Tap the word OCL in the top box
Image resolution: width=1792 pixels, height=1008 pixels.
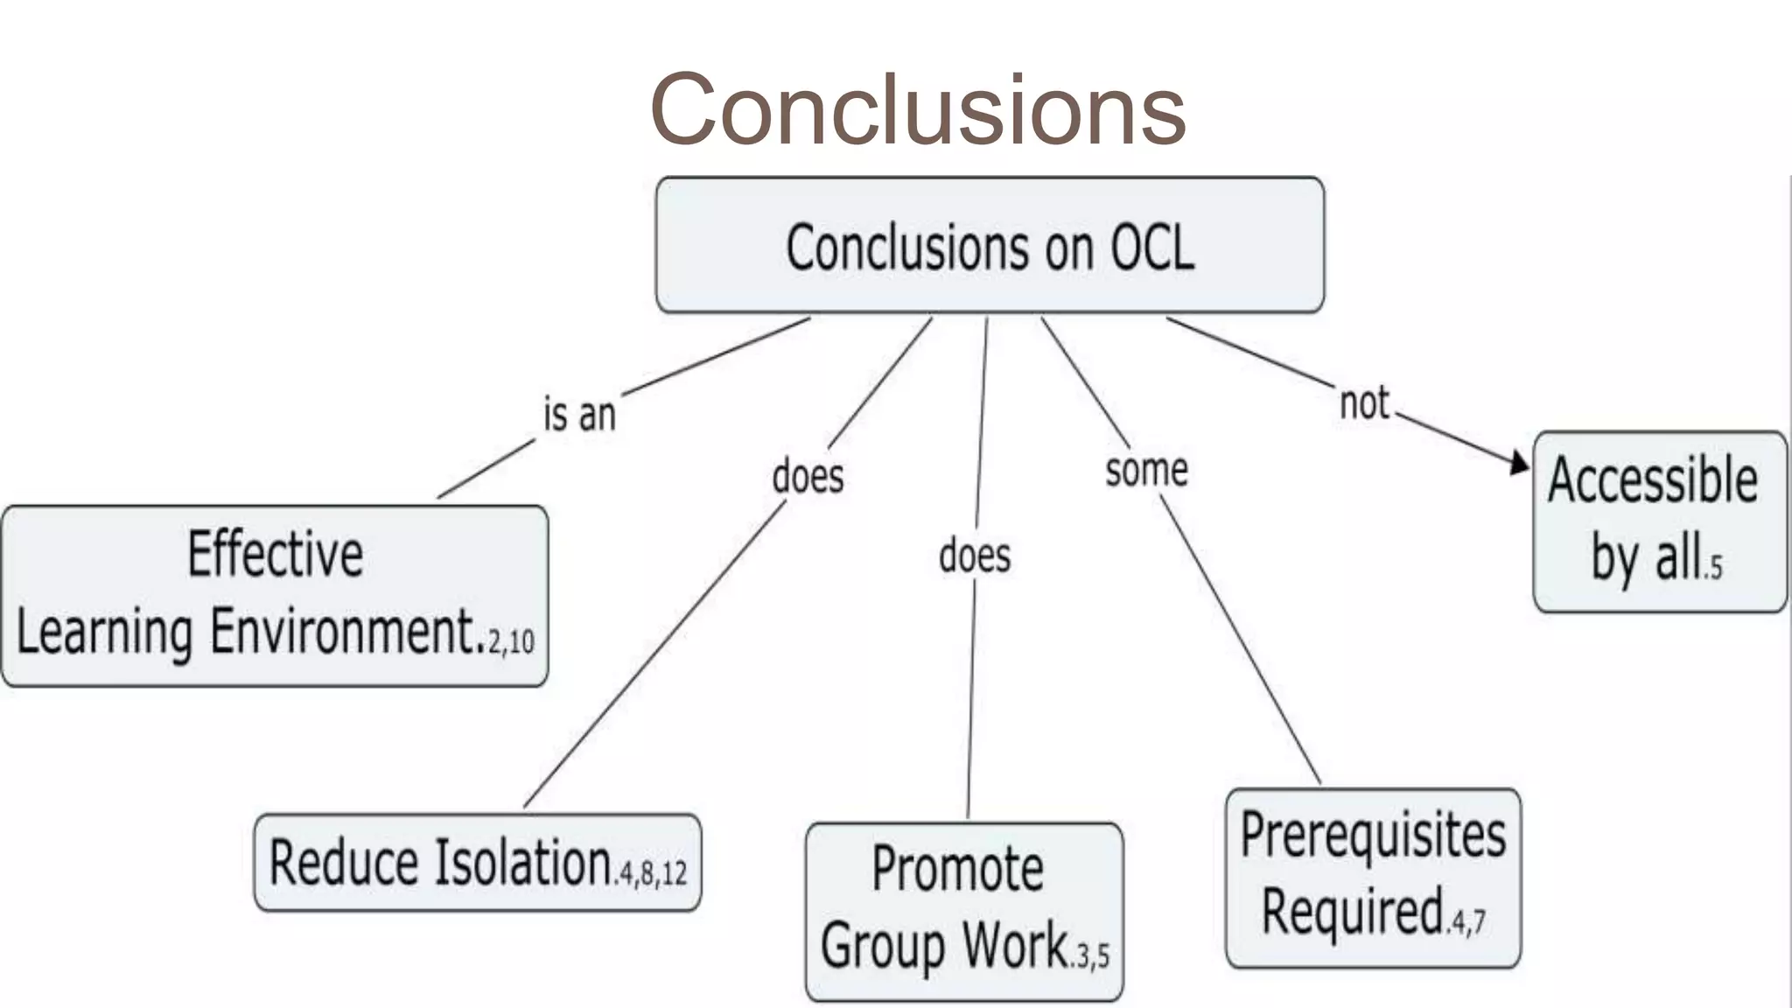[x=1151, y=248]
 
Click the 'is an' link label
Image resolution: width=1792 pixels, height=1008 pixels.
[x=579, y=414]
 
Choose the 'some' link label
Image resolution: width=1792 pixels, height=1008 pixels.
[x=1146, y=471]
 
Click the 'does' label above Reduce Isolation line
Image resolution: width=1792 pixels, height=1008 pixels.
[x=808, y=477]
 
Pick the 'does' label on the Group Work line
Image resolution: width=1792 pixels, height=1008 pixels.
[x=975, y=556]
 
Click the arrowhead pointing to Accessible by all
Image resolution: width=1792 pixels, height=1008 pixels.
[x=1521, y=463]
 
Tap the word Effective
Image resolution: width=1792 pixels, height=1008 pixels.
[x=275, y=555]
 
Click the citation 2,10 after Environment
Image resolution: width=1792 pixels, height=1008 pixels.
[x=512, y=643]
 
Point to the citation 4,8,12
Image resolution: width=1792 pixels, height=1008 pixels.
[x=653, y=873]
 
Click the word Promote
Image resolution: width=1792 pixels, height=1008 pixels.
[x=957, y=870]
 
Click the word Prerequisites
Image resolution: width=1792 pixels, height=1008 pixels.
[x=1373, y=835]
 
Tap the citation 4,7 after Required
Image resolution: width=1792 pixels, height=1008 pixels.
[x=1467, y=922]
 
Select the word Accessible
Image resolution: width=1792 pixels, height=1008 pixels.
[x=1652, y=480]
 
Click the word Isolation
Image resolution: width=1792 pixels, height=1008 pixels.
[x=523, y=863]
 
